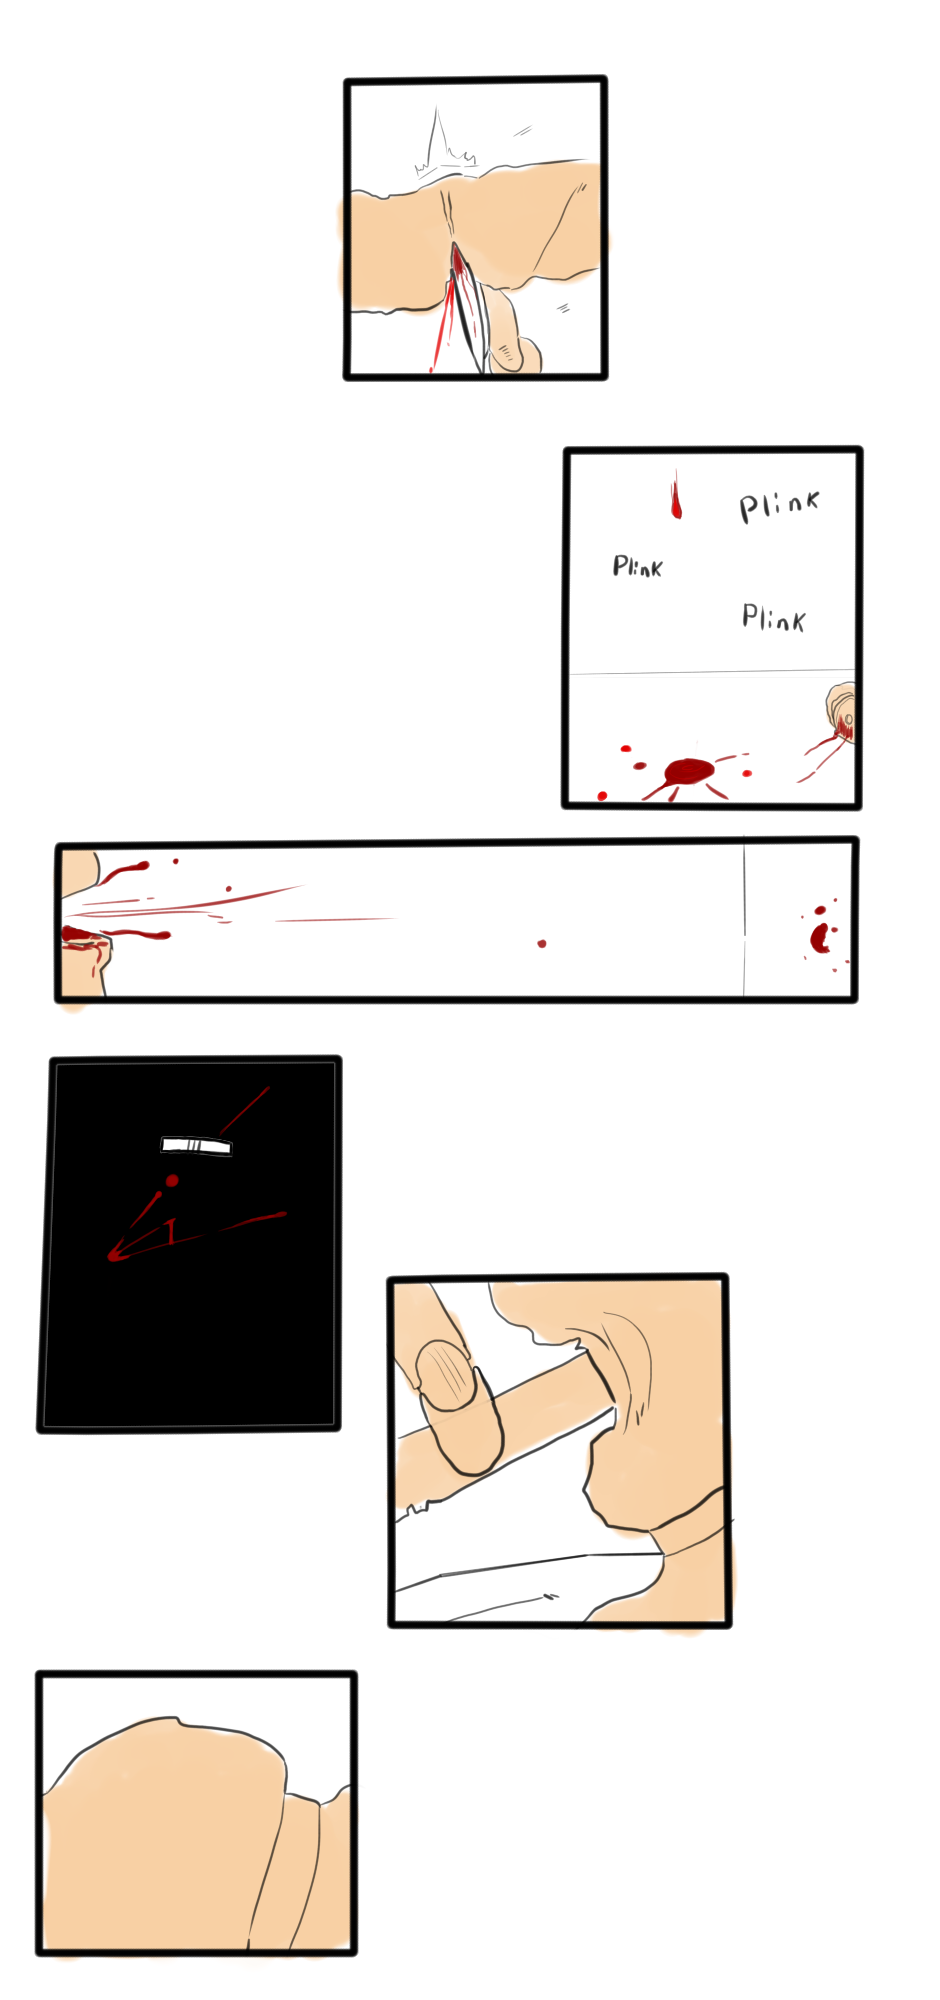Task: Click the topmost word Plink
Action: pyautogui.click(x=779, y=506)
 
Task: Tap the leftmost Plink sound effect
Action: pyautogui.click(x=637, y=567)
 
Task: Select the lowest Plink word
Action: pyautogui.click(x=773, y=617)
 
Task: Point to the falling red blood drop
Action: pyautogui.click(x=676, y=498)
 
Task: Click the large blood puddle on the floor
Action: pyautogui.click(x=688, y=771)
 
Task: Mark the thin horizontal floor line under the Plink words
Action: pyautogui.click(x=712, y=672)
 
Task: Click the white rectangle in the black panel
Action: pyautogui.click(x=196, y=1145)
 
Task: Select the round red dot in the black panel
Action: pyautogui.click(x=172, y=1181)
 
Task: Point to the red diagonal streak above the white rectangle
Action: pyautogui.click(x=244, y=1111)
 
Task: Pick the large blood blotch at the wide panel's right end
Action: pyautogui.click(x=821, y=937)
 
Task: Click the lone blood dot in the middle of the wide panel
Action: pyautogui.click(x=542, y=943)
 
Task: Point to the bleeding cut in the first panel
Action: pyautogui.click(x=457, y=262)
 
